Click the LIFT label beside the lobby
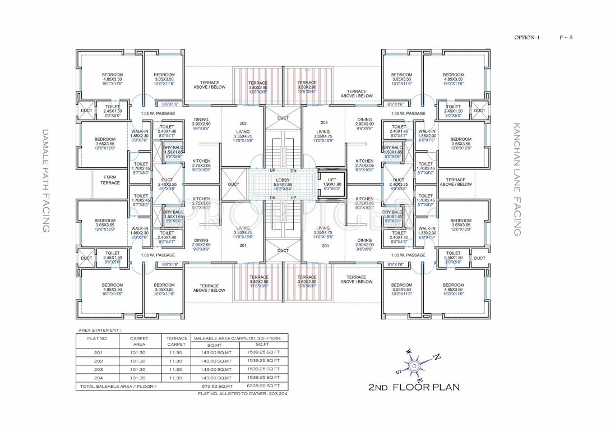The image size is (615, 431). (x=332, y=180)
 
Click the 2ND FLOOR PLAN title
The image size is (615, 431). (x=414, y=387)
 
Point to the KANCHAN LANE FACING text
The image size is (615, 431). (x=517, y=180)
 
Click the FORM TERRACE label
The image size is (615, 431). (x=110, y=180)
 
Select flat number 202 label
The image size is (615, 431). (x=243, y=123)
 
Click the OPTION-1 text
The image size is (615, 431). (x=527, y=38)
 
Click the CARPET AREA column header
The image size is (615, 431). (x=138, y=341)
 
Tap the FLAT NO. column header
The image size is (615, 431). (x=96, y=338)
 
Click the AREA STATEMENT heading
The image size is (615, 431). (x=100, y=330)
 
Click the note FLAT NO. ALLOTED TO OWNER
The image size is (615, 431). (x=242, y=394)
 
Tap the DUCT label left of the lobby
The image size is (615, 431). (x=233, y=184)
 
